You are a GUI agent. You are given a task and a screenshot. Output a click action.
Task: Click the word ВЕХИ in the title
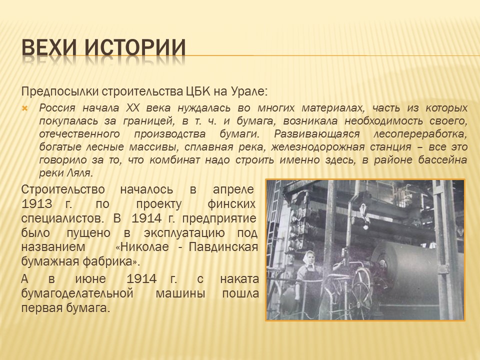pyautogui.click(x=49, y=47)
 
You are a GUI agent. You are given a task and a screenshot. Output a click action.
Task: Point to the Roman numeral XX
pyautogui.click(x=132, y=108)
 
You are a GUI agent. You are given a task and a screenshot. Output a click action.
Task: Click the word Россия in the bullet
pyautogui.click(x=57, y=108)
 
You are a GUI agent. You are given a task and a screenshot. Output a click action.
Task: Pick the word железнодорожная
pyautogui.click(x=317, y=147)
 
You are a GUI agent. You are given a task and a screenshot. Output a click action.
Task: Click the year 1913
pyautogui.click(x=36, y=204)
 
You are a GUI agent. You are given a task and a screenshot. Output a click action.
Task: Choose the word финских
pyautogui.click(x=231, y=204)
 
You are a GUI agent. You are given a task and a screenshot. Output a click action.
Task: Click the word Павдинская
pyautogui.click(x=223, y=247)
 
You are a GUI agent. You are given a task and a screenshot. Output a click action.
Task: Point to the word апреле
pyautogui.click(x=233, y=190)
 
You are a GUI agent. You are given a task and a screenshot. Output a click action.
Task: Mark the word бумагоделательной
pyautogui.click(x=77, y=293)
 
